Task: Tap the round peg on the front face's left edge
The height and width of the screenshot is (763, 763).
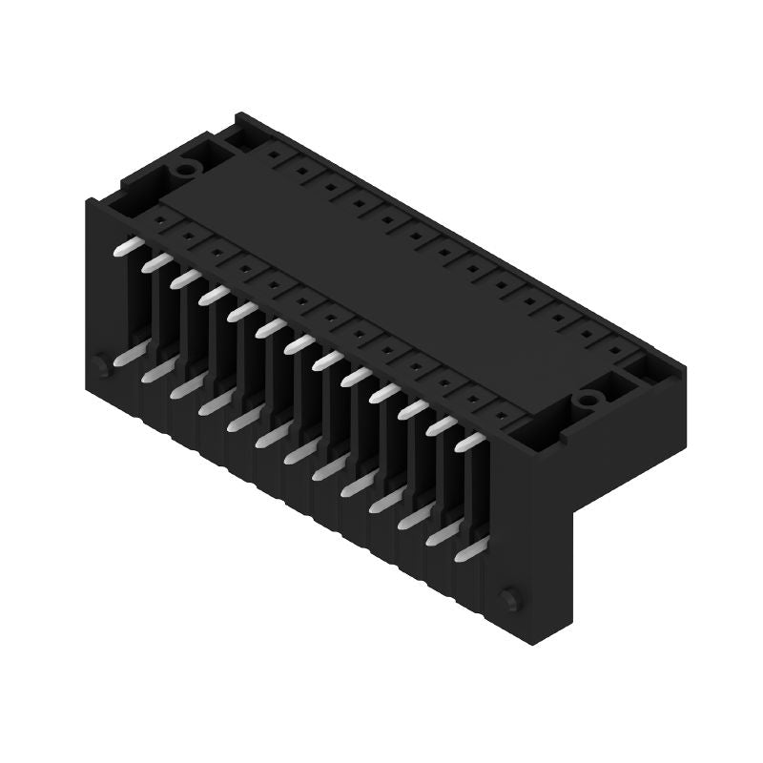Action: (101, 364)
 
